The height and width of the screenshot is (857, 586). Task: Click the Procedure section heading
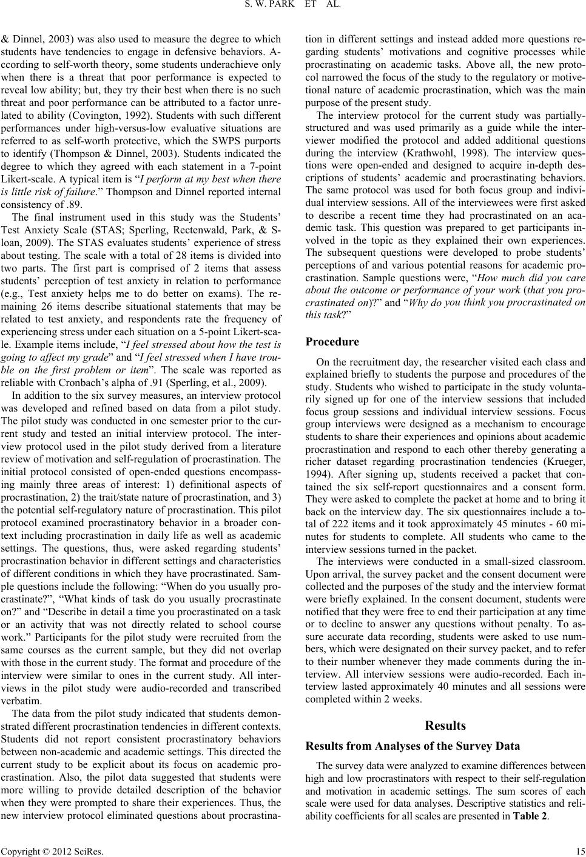tap(332, 341)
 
